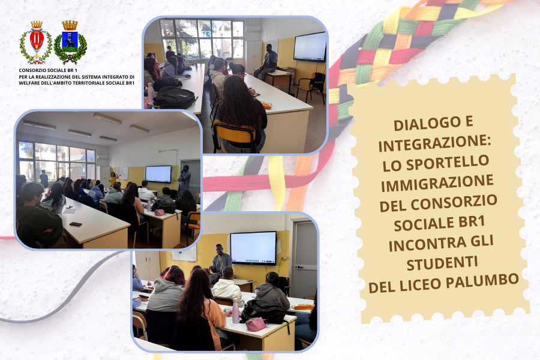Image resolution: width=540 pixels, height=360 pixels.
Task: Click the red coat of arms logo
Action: click(x=37, y=43)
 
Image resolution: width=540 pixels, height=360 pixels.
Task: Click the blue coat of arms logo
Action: click(x=70, y=43)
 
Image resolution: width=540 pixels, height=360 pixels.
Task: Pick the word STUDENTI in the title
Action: click(x=442, y=263)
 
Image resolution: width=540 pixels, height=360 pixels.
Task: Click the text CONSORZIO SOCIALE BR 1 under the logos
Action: click(x=48, y=71)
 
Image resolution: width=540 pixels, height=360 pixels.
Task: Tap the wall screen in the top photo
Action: click(x=310, y=47)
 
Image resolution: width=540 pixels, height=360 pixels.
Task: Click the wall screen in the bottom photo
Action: click(x=253, y=248)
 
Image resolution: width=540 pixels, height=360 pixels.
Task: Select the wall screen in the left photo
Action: click(x=158, y=174)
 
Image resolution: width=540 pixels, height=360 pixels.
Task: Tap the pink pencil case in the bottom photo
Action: click(x=256, y=324)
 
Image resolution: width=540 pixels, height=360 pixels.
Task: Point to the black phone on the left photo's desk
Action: click(x=76, y=224)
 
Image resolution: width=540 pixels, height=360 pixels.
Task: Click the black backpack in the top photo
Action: click(x=174, y=97)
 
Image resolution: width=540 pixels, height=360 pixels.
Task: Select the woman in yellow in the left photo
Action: click(x=113, y=179)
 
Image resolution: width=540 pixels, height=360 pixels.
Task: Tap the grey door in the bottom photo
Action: click(x=304, y=254)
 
